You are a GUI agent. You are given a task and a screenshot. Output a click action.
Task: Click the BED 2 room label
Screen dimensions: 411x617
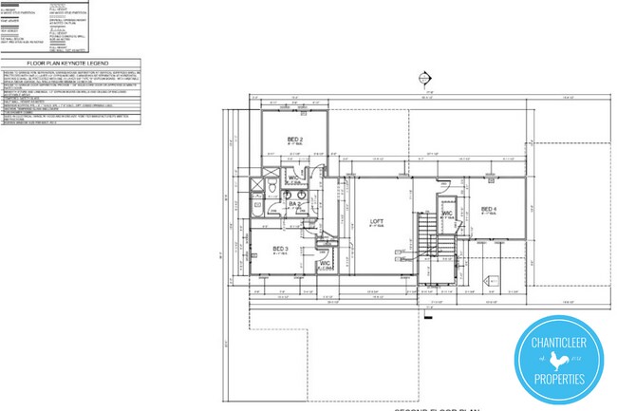coord(294,140)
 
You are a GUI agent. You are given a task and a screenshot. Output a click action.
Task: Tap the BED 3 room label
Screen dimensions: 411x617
coord(280,249)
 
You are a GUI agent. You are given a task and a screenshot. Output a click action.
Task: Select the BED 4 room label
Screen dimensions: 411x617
coord(489,209)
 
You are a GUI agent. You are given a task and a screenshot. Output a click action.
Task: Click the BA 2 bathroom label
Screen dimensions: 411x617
coord(294,204)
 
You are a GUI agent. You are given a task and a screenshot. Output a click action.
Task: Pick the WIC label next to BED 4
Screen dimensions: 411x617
coord(446,215)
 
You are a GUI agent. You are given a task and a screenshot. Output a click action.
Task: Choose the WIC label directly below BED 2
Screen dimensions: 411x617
coord(294,177)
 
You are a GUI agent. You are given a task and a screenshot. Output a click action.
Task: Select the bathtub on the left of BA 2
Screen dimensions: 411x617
coord(256,203)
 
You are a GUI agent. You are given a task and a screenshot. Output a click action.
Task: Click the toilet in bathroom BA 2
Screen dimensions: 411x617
coord(273,193)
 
